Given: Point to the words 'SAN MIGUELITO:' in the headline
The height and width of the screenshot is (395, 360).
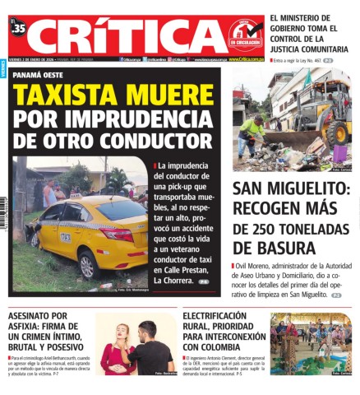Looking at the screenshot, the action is click(x=291, y=188).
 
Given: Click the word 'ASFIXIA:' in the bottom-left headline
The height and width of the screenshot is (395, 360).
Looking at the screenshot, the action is click(x=29, y=326).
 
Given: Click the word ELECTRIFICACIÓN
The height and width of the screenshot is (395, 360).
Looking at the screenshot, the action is click(x=214, y=316).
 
